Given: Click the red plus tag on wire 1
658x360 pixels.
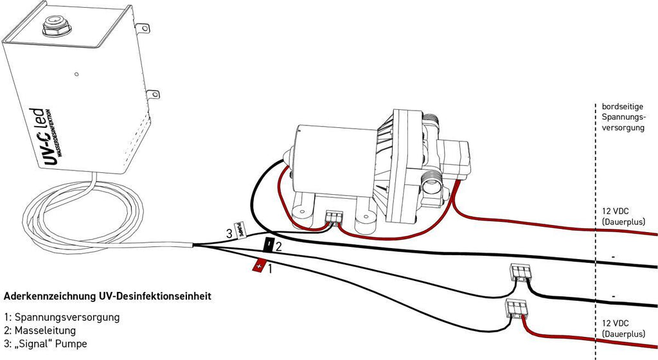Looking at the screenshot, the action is coord(259,266).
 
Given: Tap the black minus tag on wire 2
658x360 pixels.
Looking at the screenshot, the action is coord(268,245).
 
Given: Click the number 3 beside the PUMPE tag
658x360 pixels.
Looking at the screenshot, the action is coord(229,234).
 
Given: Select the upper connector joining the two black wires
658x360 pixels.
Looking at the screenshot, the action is coord(520,273).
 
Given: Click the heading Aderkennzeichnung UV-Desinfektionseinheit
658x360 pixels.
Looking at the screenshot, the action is coord(107,296).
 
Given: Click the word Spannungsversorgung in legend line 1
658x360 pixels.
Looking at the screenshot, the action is coord(67,318).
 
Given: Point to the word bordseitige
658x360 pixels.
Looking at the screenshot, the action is coord(622,107).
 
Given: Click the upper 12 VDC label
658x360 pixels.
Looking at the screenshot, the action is coord(616,211).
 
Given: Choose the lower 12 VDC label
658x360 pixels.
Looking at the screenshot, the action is coord(616,323).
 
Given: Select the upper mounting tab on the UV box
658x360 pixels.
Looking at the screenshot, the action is coord(143,28).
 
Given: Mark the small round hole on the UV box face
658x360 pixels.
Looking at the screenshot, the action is coord(76,75).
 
